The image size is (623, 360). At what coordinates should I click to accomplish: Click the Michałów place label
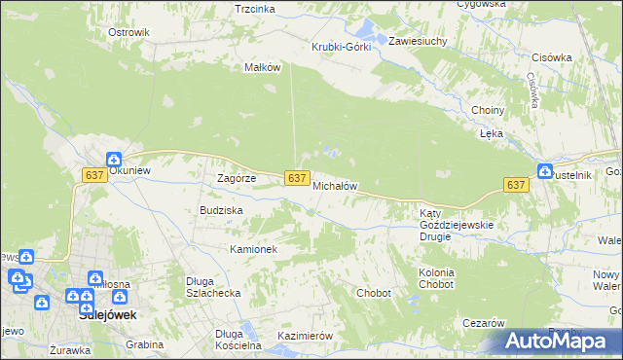336,185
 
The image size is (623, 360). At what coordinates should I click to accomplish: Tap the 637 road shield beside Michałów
299,178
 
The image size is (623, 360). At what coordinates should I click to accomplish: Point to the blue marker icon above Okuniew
113,160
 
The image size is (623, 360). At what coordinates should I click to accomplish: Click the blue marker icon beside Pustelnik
544,171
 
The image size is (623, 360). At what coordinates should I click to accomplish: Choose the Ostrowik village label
128,32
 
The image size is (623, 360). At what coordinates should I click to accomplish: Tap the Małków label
263,67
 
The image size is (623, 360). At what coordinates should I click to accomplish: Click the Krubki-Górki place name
341,47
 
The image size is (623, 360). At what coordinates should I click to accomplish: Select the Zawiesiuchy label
418,42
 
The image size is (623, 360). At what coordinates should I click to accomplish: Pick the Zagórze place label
236,178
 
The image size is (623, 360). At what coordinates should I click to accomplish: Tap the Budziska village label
221,209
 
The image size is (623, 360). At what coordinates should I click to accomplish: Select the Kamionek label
254,249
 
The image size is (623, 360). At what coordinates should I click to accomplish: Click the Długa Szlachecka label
213,287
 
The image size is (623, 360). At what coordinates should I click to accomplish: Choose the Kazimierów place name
306,336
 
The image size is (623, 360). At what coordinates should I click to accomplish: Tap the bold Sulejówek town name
106,315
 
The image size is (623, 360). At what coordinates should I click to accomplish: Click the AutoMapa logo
557,341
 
